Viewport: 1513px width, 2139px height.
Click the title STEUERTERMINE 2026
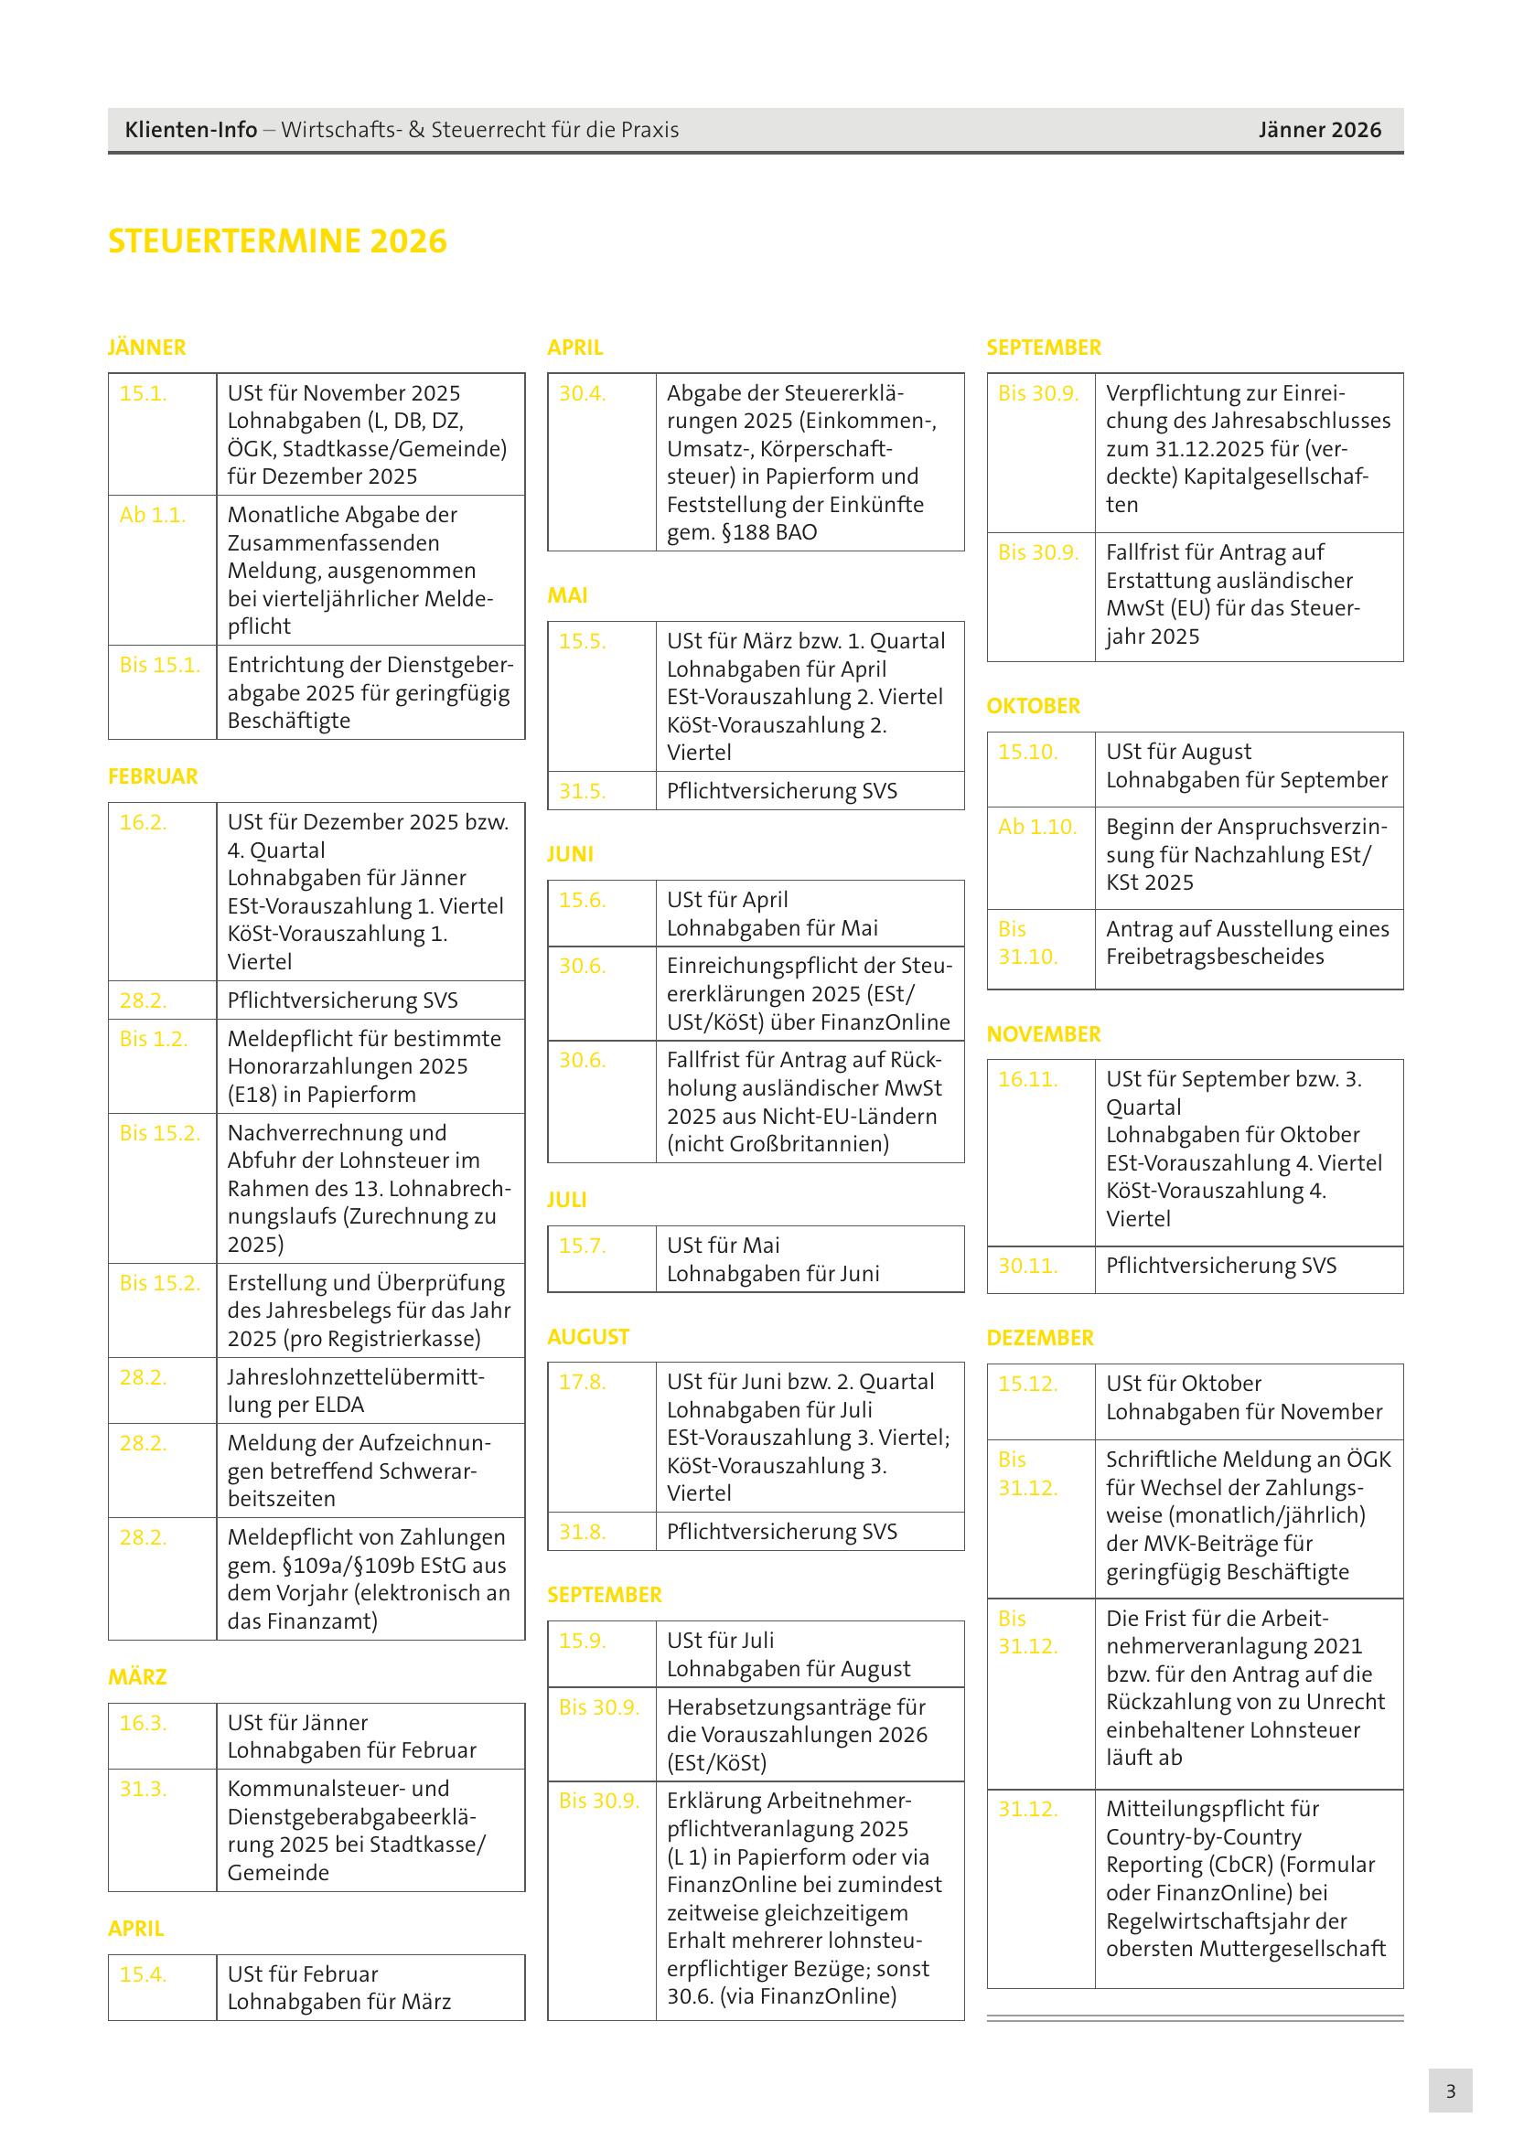point(278,241)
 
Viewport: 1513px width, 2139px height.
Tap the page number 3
point(1450,2091)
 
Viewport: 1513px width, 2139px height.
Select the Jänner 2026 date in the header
point(1319,130)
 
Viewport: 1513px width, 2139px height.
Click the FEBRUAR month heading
point(153,776)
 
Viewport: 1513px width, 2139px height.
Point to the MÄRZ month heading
point(138,1677)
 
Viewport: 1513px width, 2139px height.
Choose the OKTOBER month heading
point(1033,706)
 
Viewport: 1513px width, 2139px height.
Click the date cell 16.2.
point(144,823)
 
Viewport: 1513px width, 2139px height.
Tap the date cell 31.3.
point(144,1789)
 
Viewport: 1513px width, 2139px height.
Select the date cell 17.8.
point(583,1382)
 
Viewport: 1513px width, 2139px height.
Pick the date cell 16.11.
point(1027,1080)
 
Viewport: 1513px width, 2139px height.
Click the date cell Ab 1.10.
point(1037,828)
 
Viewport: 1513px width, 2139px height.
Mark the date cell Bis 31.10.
point(1027,943)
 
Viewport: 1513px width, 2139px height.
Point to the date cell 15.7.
point(583,1246)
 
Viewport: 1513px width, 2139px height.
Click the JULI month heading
point(567,1200)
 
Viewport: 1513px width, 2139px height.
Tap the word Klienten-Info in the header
point(191,130)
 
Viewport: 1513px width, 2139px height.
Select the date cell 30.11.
point(1027,1266)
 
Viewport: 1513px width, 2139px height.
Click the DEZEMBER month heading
point(1040,1338)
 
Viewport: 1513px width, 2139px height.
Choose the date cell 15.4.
point(144,1974)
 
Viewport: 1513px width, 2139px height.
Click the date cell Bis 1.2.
point(154,1039)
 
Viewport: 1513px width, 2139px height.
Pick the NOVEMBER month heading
point(1044,1034)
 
